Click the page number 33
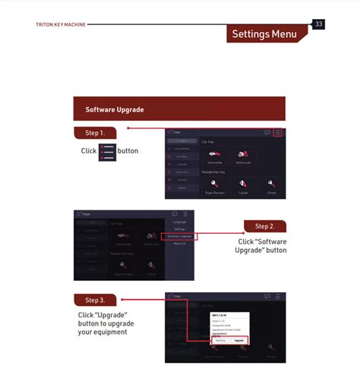pos(319,24)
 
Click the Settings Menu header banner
pos(264,34)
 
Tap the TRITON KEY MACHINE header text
pos(61,24)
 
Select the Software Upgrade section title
pos(115,109)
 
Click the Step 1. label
pos(95,133)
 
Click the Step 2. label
pos(264,225)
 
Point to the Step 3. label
pos(95,300)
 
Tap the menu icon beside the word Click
pos(107,151)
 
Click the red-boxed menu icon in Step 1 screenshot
pos(278,132)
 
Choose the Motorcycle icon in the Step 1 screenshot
pos(244,156)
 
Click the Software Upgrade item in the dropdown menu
pos(179,236)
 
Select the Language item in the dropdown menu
pos(179,222)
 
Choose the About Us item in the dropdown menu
pos(179,244)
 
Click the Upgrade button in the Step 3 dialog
pos(239,341)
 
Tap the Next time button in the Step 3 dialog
pos(220,341)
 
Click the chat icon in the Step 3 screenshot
pos(266,296)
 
